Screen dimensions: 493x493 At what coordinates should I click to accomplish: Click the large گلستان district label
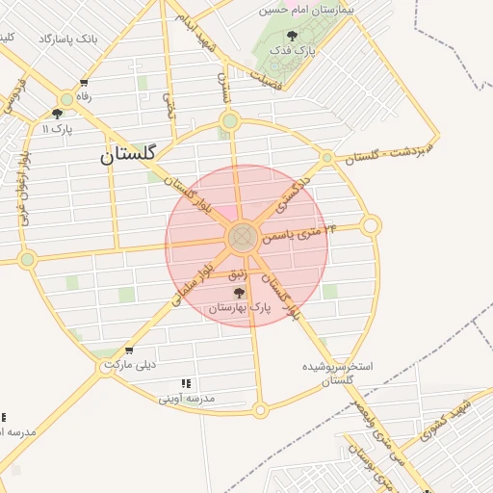(x=135, y=154)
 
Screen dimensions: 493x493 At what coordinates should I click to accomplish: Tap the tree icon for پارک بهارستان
(x=239, y=292)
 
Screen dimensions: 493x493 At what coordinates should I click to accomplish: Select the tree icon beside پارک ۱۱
(x=57, y=114)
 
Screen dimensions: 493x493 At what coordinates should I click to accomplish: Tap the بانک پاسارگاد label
(x=68, y=39)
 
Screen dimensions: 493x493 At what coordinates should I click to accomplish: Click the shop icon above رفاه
(x=85, y=83)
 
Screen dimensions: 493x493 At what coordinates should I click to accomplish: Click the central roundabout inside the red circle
(x=242, y=237)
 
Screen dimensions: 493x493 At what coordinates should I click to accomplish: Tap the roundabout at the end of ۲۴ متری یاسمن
(x=371, y=226)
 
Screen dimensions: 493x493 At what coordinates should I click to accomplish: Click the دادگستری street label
(x=292, y=195)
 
